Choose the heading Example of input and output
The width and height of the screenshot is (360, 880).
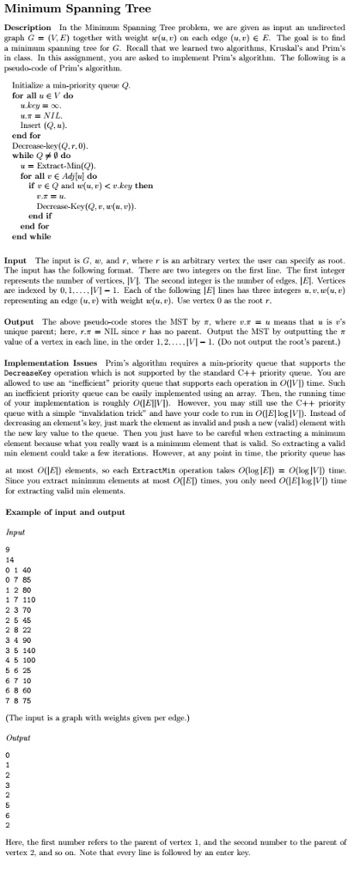pos(64,512)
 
